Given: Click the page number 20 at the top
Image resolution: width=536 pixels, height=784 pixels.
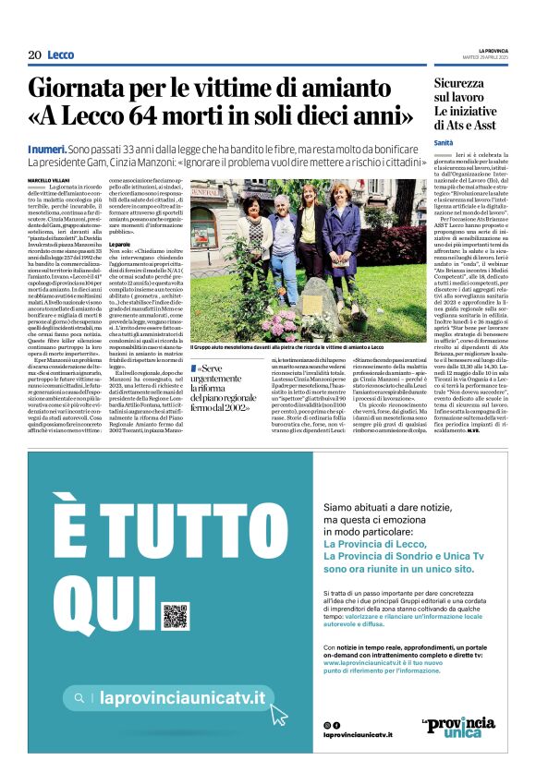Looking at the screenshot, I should coord(34,55).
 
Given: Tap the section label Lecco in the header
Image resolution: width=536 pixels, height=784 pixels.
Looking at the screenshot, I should coord(61,55).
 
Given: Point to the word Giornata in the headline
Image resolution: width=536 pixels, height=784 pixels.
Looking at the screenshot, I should coord(87,90).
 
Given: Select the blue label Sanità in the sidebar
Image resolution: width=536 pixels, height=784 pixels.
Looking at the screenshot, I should coord(445,142).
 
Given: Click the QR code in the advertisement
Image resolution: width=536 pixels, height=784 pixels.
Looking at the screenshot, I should coord(175,616).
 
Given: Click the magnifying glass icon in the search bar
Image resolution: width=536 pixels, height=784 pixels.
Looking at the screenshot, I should coord(79,699).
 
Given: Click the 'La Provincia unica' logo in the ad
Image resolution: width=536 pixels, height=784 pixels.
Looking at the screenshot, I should coord(458,727).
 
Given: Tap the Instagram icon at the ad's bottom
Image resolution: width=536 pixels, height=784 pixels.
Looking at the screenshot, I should coord(327,725).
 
